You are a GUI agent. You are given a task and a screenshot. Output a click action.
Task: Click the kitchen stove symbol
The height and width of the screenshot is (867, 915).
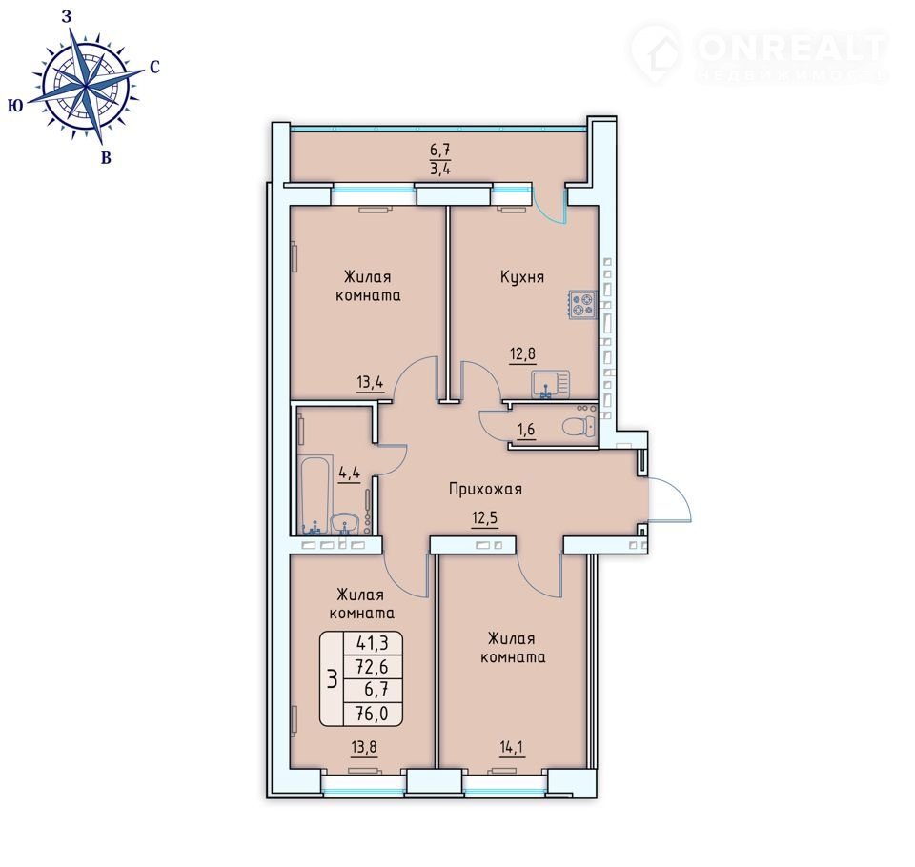583,305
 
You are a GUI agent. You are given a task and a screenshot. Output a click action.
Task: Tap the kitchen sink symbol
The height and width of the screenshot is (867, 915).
550,384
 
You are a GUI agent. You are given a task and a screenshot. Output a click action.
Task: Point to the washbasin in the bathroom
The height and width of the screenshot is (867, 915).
347,523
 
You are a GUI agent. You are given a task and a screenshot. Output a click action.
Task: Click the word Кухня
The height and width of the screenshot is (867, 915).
522,277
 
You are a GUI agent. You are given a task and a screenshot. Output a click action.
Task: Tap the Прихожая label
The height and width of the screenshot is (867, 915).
485,489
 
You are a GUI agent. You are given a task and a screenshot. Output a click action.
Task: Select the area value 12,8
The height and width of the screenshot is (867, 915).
523,353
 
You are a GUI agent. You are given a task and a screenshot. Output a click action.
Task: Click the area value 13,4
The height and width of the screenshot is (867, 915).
370,382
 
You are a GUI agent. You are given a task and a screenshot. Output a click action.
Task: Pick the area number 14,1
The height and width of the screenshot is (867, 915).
513,747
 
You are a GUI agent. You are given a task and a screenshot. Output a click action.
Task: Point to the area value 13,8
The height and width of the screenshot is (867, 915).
364,747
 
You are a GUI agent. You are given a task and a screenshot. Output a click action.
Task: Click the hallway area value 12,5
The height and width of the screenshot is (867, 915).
485,517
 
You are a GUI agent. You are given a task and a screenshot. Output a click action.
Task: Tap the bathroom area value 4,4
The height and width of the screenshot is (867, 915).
349,472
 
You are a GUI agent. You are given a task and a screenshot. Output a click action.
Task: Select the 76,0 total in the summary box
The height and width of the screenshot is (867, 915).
372,713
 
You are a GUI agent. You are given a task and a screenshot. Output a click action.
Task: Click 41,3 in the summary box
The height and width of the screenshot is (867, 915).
372,643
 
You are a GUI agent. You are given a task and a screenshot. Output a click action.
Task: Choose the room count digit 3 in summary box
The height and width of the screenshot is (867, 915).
333,679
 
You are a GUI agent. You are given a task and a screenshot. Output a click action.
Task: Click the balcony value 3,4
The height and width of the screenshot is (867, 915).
440,170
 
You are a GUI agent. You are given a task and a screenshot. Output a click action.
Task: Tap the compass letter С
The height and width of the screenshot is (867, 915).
154,68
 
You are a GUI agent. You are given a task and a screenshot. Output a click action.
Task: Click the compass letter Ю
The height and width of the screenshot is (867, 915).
16,106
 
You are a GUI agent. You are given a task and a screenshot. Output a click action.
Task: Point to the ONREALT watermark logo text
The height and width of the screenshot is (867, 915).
791,49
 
